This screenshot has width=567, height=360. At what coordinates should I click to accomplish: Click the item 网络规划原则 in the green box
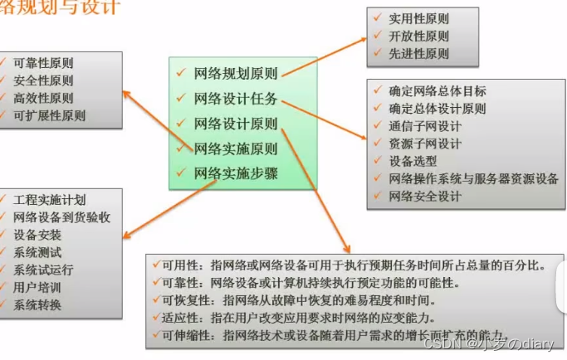236,72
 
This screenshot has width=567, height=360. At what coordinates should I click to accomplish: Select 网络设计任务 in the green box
236,98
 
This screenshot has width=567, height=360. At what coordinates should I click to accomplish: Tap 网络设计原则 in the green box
236,124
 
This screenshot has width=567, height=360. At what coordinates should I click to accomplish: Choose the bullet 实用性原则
419,17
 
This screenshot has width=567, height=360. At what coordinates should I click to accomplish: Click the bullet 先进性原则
419,53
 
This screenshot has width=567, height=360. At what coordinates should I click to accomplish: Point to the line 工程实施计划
50,200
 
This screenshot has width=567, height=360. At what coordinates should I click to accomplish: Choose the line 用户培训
37,287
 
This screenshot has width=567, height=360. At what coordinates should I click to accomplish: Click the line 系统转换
37,304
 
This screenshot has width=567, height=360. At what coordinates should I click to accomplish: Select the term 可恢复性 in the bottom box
185,300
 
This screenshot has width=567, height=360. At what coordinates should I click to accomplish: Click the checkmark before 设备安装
7,235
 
